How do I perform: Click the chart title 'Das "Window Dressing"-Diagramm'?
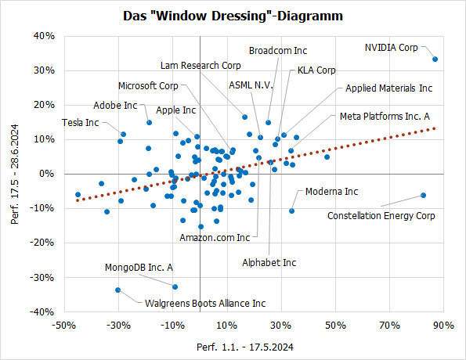[233, 16]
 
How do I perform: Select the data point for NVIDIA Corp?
[435, 59]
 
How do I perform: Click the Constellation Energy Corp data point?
[423, 195]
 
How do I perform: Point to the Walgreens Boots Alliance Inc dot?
[118, 290]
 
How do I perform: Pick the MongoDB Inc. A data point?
[175, 286]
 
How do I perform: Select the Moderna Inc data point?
[292, 211]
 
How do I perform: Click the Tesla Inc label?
[81, 122]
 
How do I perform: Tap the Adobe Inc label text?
[114, 105]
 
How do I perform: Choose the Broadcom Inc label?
[278, 50]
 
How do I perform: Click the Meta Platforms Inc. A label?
[385, 116]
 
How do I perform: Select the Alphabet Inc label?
[269, 262]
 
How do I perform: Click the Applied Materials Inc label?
[388, 88]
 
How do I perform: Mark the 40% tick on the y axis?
[42, 36]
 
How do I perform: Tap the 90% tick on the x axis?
[443, 325]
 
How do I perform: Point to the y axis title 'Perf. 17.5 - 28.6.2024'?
[15, 174]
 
